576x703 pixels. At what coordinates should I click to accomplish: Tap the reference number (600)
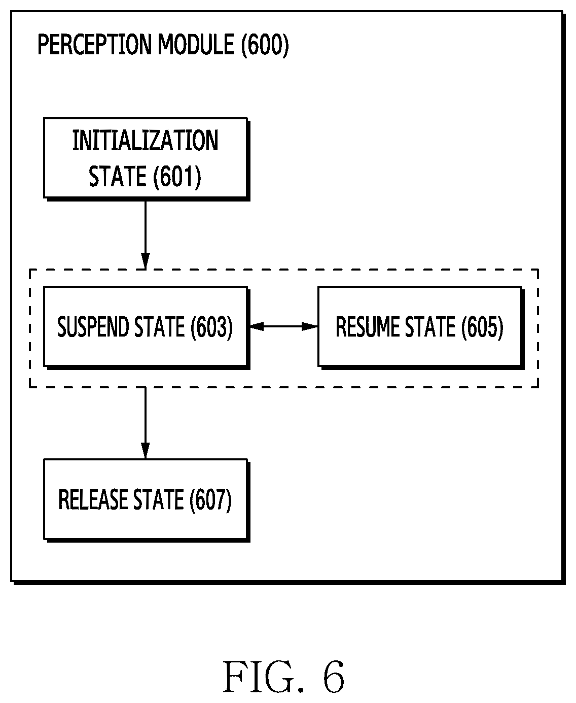pos(265,45)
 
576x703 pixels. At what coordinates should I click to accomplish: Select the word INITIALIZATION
pos(145,141)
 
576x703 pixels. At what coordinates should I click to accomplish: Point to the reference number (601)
pos(177,177)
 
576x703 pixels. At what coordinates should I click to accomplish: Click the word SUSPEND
pos(93,326)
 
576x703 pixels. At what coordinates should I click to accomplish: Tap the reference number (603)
pos(211,327)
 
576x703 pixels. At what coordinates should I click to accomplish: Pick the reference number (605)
pos(482,327)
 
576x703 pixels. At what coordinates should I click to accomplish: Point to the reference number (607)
pos(210,499)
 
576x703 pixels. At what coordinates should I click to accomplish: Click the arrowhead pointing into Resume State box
pos(310,326)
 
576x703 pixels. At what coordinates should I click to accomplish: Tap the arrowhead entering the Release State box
pos(146,451)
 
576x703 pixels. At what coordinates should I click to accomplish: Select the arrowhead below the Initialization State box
pos(146,261)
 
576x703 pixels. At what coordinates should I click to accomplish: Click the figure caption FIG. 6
pos(283,677)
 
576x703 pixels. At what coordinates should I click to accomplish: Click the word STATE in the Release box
pos(159,499)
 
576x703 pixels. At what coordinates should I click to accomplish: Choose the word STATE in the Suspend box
pos(160,326)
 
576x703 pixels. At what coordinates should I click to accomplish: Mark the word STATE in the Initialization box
pos(118,176)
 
